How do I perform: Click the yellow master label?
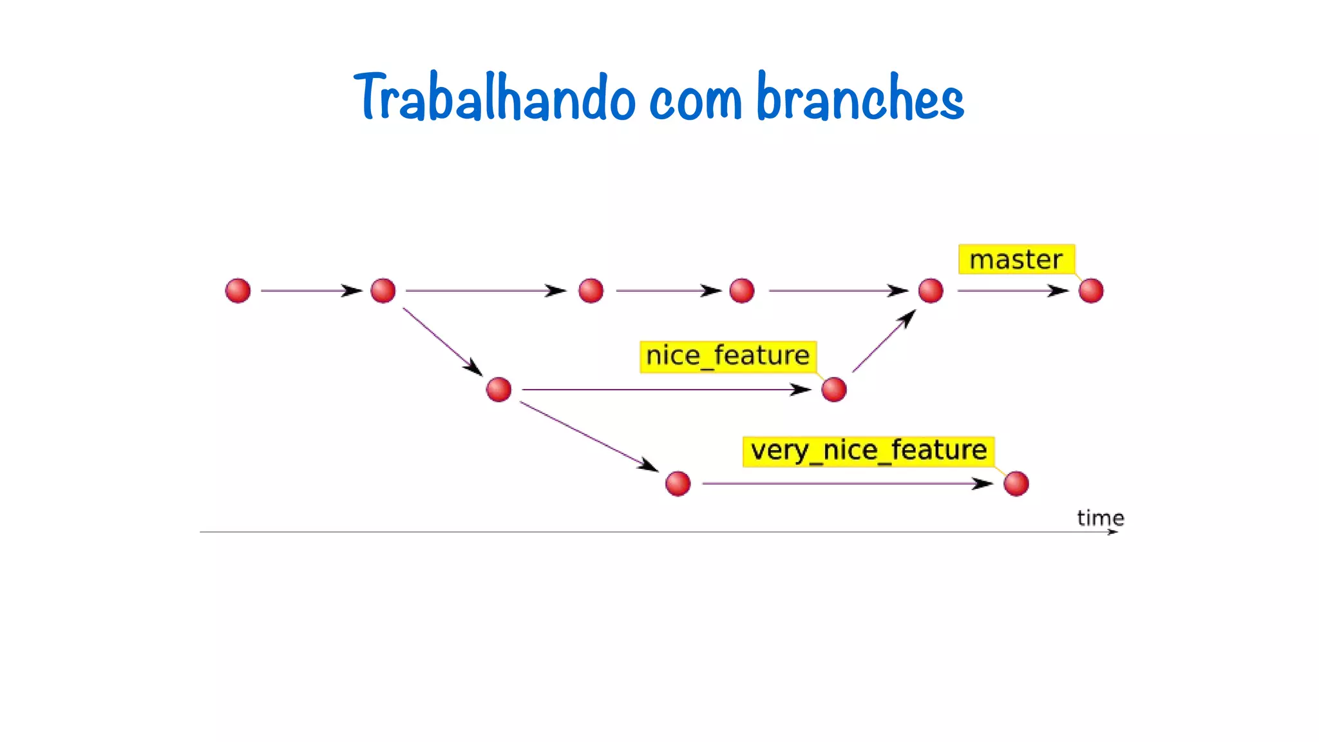pos(1016,260)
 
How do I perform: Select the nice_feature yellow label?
pos(728,356)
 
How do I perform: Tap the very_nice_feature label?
pos(868,451)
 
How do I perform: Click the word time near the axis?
pos(1100,518)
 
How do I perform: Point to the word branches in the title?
pos(860,98)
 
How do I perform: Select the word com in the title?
pos(696,100)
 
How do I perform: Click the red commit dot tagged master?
pos(1091,290)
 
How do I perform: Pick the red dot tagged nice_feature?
pos(834,390)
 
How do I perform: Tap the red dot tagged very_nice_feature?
pos(1016,484)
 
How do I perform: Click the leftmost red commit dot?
pos(238,290)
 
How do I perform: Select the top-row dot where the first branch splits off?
pos(383,290)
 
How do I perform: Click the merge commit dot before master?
pos(931,290)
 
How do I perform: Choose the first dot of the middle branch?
pos(498,390)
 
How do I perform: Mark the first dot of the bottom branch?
pos(678,484)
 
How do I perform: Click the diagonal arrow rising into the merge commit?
pos(884,341)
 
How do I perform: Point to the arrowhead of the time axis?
pos(1114,532)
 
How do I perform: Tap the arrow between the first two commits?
pos(311,291)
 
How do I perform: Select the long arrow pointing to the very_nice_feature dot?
pos(847,484)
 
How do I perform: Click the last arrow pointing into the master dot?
pos(1012,291)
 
